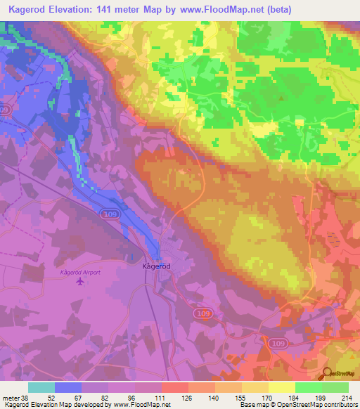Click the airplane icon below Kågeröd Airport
pos(79,281)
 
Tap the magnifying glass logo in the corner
pos(328,372)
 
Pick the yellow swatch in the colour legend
pos(282,387)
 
